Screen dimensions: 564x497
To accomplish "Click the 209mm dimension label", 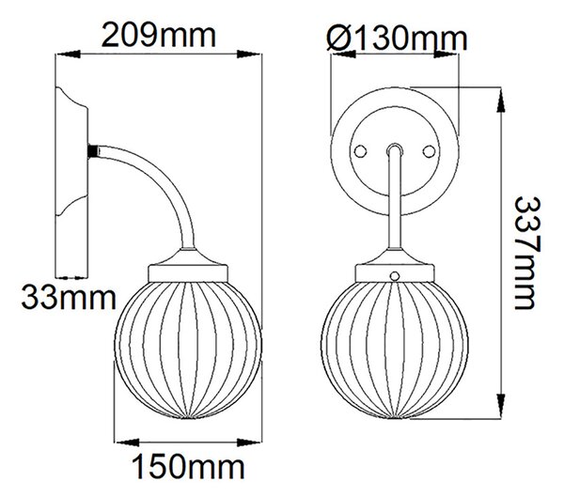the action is pyautogui.click(x=159, y=36).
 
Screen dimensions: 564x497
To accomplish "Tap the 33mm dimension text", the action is pyautogui.click(x=69, y=298).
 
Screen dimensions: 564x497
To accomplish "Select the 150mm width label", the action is pyautogui.click(x=189, y=467).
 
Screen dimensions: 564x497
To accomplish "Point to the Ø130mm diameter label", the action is pyautogui.click(x=397, y=39).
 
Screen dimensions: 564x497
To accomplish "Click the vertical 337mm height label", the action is pyautogui.click(x=528, y=253).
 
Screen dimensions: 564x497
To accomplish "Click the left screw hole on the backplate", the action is pyautogui.click(x=360, y=151).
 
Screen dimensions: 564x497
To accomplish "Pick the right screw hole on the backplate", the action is pyautogui.click(x=430, y=151).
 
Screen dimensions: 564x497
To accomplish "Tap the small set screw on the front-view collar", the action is pyautogui.click(x=395, y=276).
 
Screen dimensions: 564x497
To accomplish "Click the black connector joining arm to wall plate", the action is pyautogui.click(x=93, y=150).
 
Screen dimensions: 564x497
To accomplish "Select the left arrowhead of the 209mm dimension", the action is pyautogui.click(x=68, y=54).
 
